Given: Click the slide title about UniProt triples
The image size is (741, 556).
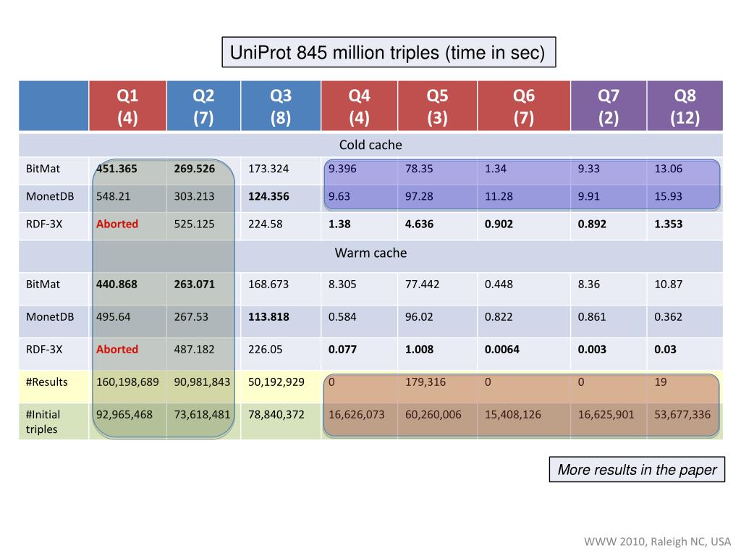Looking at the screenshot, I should click(388, 52).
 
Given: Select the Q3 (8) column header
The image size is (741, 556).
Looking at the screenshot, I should click(280, 106).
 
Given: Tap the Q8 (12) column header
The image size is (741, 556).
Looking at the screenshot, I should click(685, 106).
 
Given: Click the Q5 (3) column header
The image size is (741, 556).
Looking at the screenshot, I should click(437, 106).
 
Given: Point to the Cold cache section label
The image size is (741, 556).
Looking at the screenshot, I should click(370, 145).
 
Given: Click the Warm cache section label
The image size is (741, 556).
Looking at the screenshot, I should click(370, 253).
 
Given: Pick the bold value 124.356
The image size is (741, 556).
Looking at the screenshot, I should click(269, 196).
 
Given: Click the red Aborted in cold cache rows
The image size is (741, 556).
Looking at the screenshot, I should click(117, 224).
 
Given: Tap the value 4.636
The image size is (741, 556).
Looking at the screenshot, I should click(420, 224).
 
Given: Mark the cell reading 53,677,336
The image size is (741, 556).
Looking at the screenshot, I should click(682, 415).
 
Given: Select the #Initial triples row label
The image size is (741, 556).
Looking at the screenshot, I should click(43, 421).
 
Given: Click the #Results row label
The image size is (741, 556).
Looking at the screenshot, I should click(46, 382).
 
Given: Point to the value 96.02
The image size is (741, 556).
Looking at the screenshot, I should click(420, 316).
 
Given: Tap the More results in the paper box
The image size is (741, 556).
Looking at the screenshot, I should click(637, 470).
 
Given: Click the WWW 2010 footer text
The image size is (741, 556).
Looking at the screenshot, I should click(658, 542).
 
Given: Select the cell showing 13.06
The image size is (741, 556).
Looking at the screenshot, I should click(669, 169).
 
